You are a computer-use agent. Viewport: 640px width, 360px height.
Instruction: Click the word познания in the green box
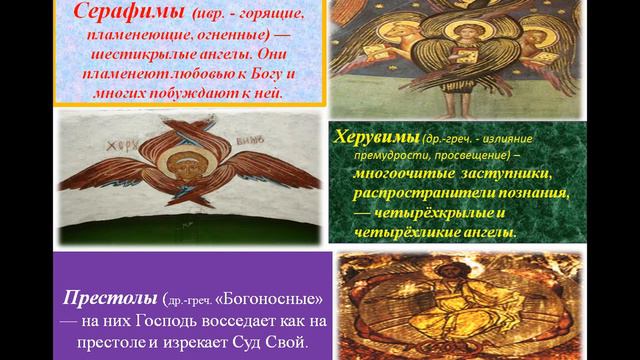coord(535,194)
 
